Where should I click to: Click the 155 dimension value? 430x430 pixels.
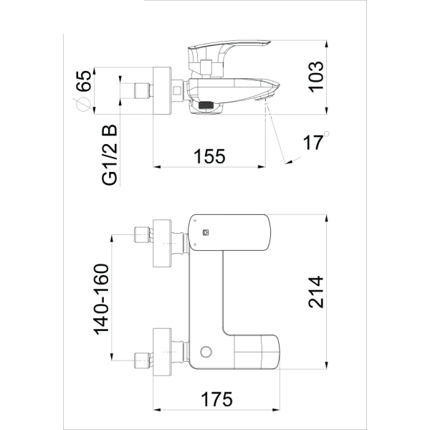click(x=209, y=155)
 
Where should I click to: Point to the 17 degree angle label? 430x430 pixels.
click(x=312, y=143)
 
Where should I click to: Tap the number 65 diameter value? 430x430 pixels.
click(x=84, y=81)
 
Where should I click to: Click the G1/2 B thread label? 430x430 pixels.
click(x=109, y=155)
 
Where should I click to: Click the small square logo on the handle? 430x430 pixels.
click(x=203, y=231)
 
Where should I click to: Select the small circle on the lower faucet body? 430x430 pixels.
click(x=207, y=353)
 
